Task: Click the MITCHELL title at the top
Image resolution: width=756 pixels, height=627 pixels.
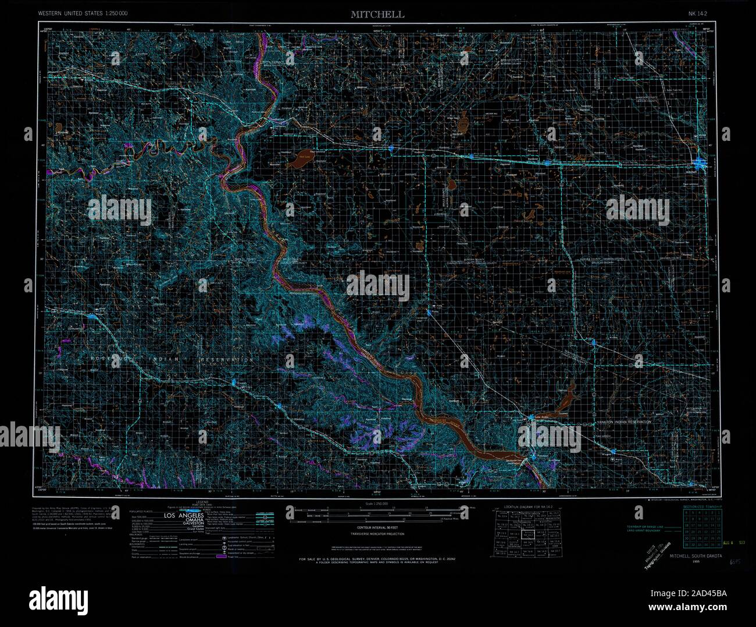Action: point(377,15)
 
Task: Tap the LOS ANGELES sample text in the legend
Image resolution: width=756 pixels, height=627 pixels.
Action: point(184,516)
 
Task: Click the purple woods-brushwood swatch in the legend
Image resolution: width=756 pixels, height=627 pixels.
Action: point(220,557)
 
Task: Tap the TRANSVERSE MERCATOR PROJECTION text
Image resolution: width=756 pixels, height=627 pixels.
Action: point(376,533)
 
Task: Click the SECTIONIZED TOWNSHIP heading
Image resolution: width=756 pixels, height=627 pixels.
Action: point(702,506)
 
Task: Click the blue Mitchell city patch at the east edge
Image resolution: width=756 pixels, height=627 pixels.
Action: point(702,164)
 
